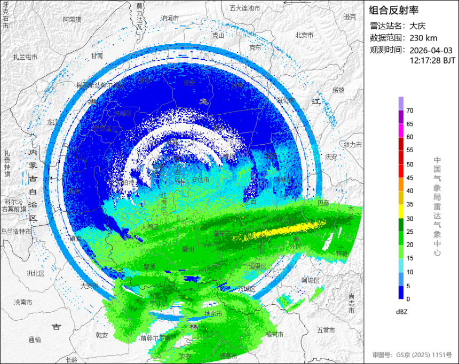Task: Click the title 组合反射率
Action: (394, 10)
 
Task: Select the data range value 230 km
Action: (424, 38)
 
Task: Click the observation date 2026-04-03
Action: (431, 50)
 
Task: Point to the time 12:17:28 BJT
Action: (432, 61)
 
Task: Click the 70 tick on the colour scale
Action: (410, 110)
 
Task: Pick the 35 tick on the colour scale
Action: (410, 204)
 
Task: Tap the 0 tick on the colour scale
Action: (408, 299)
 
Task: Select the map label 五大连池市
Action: (244, 8)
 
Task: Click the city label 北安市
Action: (304, 35)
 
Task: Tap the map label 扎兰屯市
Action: (26, 57)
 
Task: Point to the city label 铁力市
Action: (353, 145)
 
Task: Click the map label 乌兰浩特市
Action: (16, 232)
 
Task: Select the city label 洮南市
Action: (22, 302)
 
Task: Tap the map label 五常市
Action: (325, 330)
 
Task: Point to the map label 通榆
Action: (34, 339)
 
